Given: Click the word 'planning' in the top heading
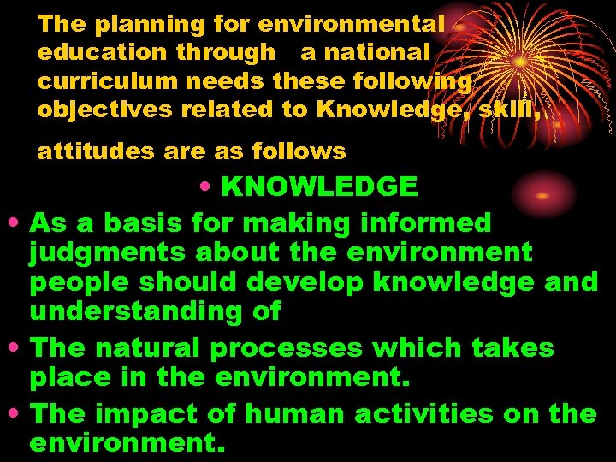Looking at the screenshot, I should coord(139,24).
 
